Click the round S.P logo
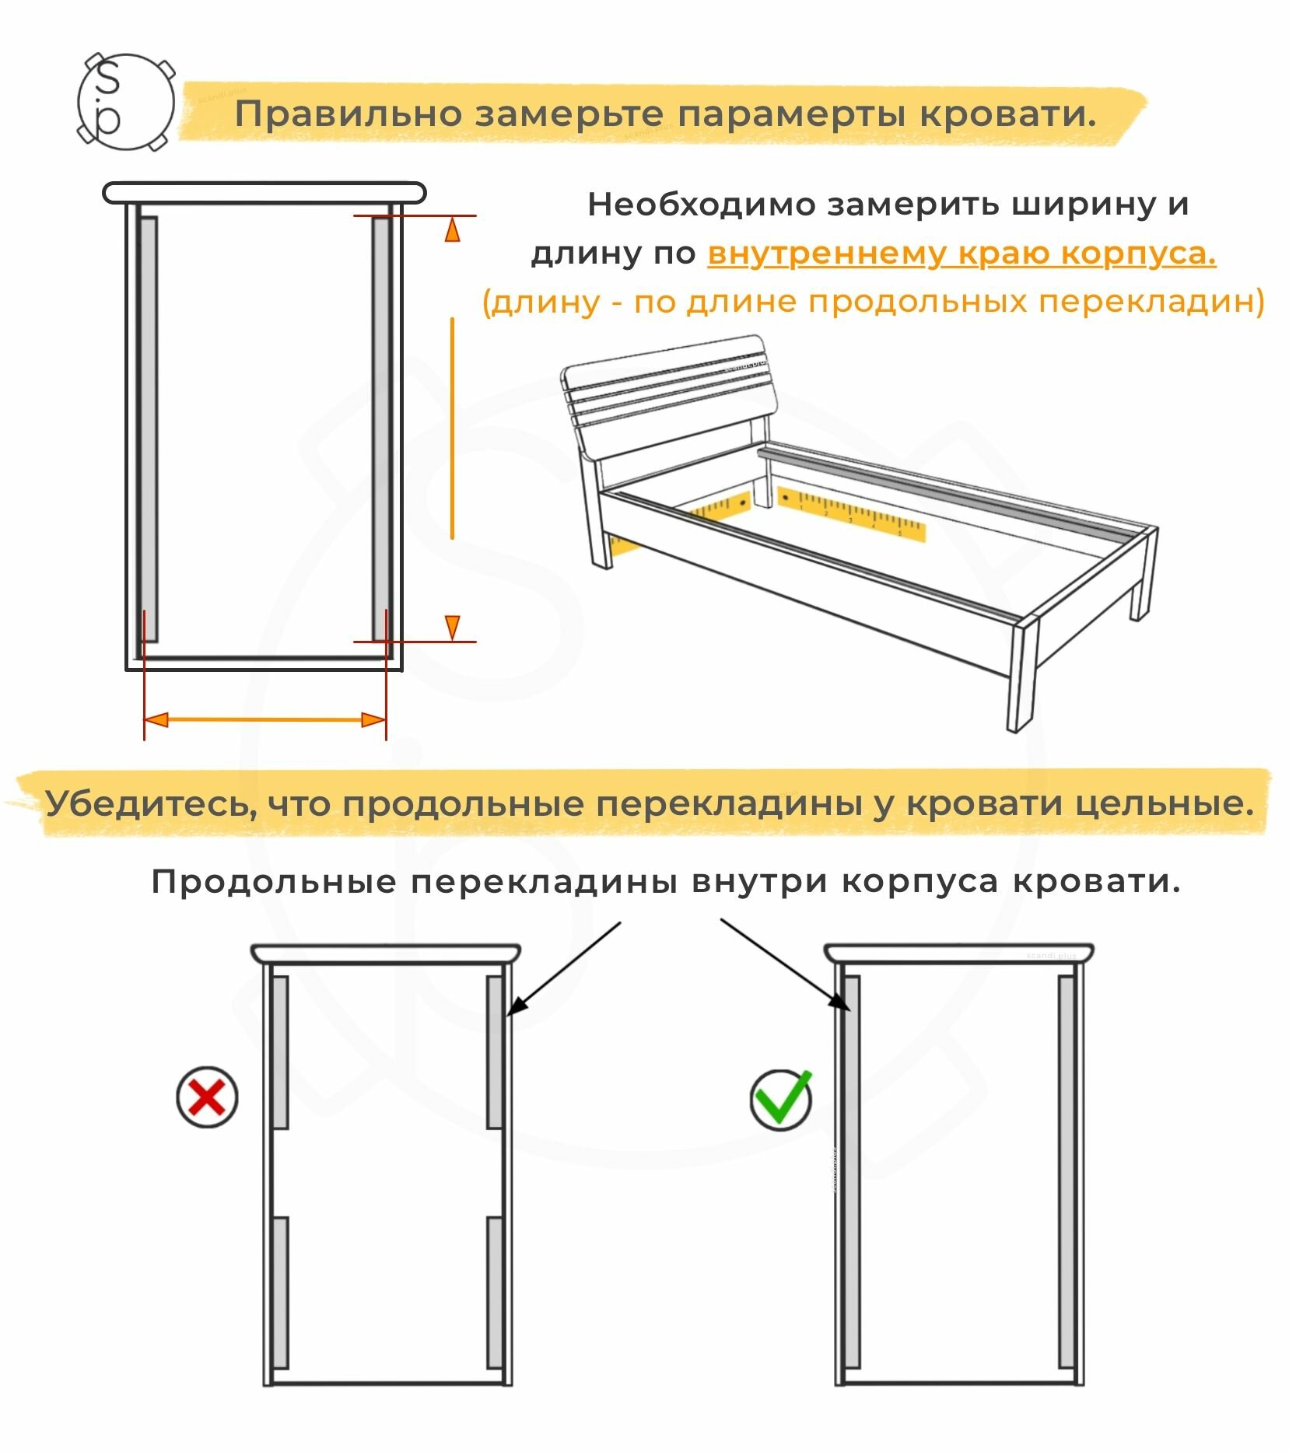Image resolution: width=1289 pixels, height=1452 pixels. tap(125, 102)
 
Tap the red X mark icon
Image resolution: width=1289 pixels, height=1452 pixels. tap(206, 1097)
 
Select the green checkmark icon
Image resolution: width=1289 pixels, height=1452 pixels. tap(781, 1100)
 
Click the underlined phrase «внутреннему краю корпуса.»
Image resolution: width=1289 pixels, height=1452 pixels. tap(961, 254)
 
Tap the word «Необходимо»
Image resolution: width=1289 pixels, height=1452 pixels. tap(701, 205)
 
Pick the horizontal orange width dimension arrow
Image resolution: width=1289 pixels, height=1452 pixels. tap(265, 719)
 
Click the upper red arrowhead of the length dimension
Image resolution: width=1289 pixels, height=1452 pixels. tap(452, 230)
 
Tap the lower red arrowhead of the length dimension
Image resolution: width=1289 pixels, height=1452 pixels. tap(452, 627)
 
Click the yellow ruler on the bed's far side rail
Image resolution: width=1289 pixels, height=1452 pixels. tap(850, 513)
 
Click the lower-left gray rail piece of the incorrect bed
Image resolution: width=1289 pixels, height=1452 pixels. tap(280, 1292)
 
